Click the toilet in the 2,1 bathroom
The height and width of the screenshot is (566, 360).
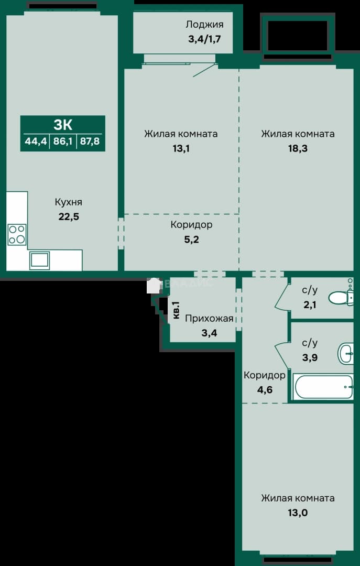pyautogui.click(x=341, y=298)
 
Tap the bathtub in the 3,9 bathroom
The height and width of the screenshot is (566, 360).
pyautogui.click(x=323, y=387)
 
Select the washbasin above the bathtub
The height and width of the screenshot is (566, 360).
pyautogui.click(x=345, y=353)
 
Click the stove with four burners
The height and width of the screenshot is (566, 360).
pyautogui.click(x=17, y=235)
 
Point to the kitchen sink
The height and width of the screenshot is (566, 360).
pyautogui.click(x=39, y=260)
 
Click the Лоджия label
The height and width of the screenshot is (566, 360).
pyautogui.click(x=204, y=25)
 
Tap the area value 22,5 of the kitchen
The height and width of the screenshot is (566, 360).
pyautogui.click(x=68, y=217)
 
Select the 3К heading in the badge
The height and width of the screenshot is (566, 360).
pyautogui.click(x=63, y=125)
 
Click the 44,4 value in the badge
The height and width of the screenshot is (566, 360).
pyautogui.click(x=36, y=141)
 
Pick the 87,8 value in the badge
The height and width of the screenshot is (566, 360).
pyautogui.click(x=91, y=141)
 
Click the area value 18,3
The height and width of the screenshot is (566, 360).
pyautogui.click(x=298, y=149)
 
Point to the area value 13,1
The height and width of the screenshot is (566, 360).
pyautogui.click(x=181, y=149)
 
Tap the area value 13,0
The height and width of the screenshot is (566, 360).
pyautogui.click(x=298, y=513)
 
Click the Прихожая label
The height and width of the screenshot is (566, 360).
pyautogui.click(x=209, y=319)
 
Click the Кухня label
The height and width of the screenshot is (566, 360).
pyautogui.click(x=68, y=202)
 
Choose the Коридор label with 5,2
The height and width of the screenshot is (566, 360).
pyautogui.click(x=191, y=225)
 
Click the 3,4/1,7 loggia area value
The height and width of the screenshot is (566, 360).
pyautogui.click(x=204, y=39)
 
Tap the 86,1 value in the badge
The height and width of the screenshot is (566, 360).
pyautogui.click(x=63, y=141)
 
